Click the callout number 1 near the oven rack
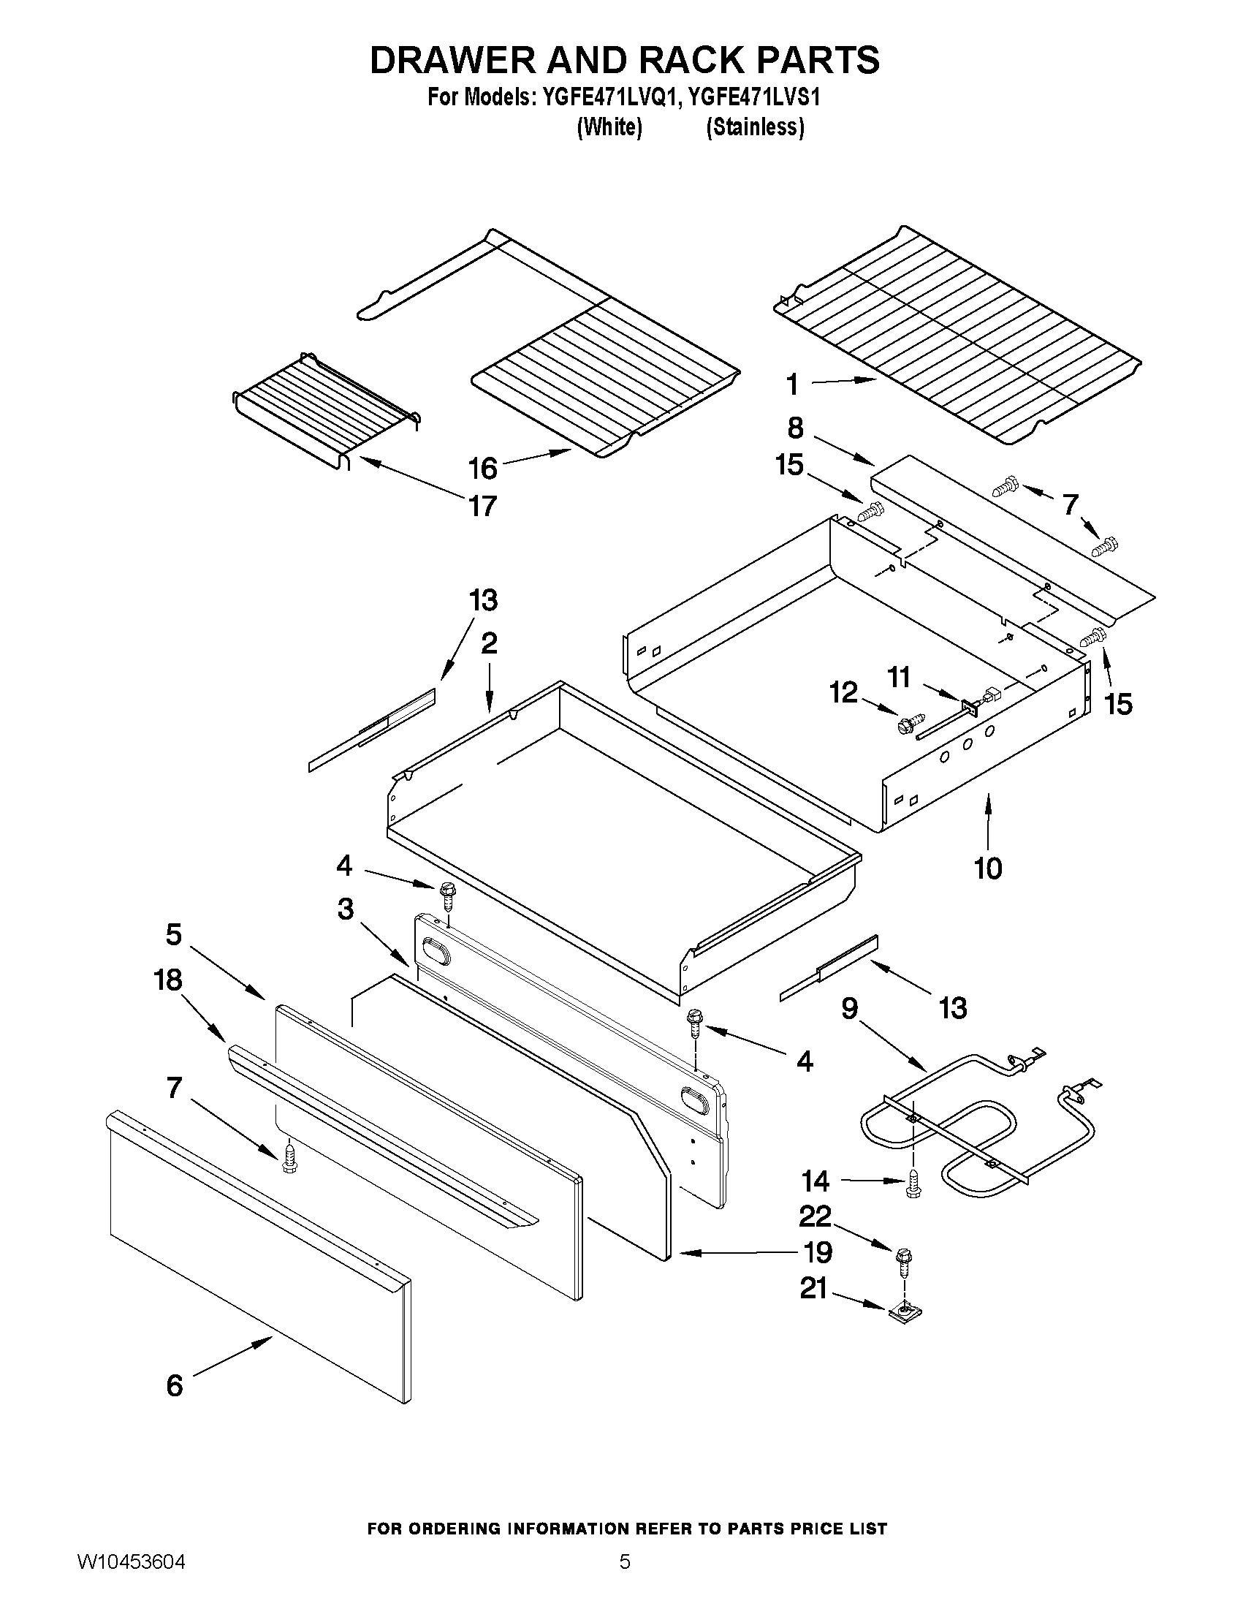pos(792,385)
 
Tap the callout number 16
pos(483,468)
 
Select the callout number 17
pos(483,506)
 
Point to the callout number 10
pos(988,868)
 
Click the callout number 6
pos(175,1386)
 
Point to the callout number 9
pos(850,1007)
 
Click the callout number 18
pos(168,980)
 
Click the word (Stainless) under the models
pos(755,127)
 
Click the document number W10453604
pos(130,1577)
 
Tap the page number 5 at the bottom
pos(625,1577)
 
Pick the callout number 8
pos(795,428)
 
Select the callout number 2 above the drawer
pos(489,643)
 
